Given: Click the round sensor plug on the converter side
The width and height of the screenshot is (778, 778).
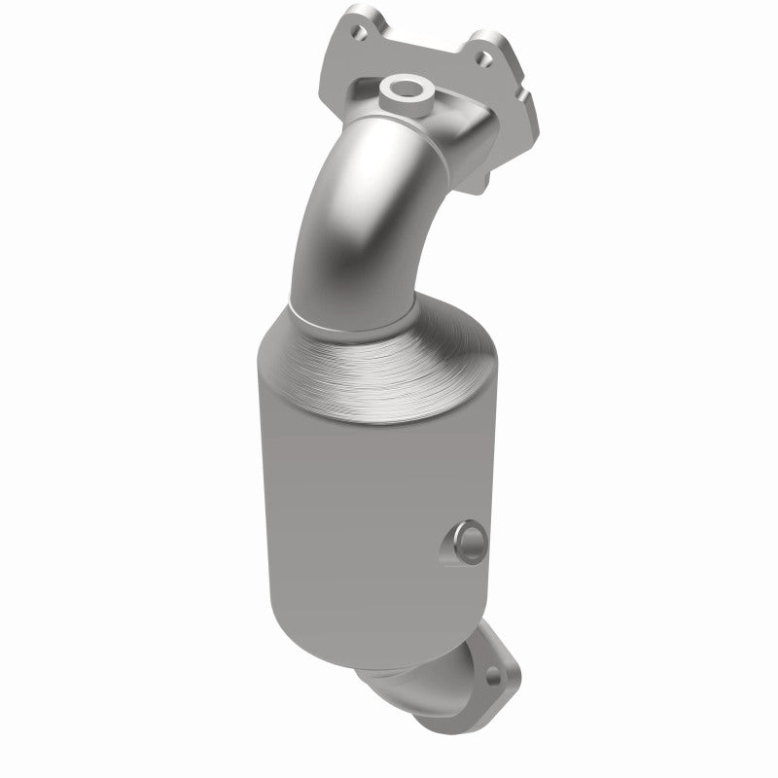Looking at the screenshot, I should pyautogui.click(x=466, y=540).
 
